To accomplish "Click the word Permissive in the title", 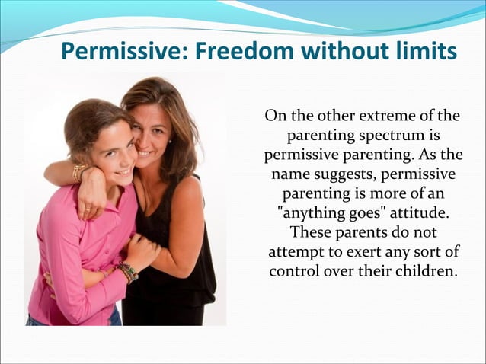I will point(116,51).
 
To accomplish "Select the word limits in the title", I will point(420,51).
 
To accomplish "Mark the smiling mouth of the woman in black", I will point(145,153).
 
